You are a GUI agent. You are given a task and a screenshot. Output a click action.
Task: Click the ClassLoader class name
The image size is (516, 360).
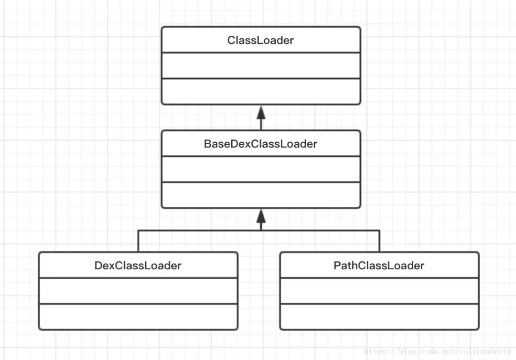(260, 40)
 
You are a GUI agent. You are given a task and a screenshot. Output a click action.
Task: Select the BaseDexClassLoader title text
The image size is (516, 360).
(260, 144)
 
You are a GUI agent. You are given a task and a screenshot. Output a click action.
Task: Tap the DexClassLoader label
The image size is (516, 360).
(138, 265)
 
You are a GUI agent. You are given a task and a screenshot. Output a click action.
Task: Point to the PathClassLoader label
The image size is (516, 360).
(379, 265)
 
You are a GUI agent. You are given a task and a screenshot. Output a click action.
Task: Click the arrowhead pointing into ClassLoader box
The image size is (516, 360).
(261, 112)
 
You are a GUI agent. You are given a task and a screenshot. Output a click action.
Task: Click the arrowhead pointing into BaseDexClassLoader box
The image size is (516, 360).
(261, 216)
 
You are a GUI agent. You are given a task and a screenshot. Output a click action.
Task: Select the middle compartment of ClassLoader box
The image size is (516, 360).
(261, 65)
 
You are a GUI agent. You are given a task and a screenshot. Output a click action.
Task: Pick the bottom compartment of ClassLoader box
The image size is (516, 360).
(261, 91)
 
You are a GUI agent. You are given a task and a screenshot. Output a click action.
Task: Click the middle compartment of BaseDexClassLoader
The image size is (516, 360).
(261, 169)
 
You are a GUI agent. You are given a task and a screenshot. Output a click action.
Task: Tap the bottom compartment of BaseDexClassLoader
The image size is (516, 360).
(261, 195)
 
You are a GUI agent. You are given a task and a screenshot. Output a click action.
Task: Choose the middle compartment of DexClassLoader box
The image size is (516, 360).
(138, 291)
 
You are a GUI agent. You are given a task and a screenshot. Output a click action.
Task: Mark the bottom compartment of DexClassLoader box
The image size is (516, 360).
(138, 316)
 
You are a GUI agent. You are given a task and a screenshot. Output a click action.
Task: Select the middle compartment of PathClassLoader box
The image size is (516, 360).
(379, 291)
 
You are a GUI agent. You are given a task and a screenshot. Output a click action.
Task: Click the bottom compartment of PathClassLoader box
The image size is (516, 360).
(379, 316)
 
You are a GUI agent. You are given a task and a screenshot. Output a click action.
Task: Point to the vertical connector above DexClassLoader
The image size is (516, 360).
(138, 241)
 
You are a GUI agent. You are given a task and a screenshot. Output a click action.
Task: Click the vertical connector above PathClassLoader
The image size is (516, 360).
(379, 241)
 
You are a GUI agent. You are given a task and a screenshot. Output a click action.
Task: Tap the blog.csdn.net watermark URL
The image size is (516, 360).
(438, 351)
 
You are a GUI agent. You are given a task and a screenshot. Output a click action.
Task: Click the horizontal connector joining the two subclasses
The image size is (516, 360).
(258, 231)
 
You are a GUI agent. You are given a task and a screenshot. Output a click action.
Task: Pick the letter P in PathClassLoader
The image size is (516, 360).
(337, 265)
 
